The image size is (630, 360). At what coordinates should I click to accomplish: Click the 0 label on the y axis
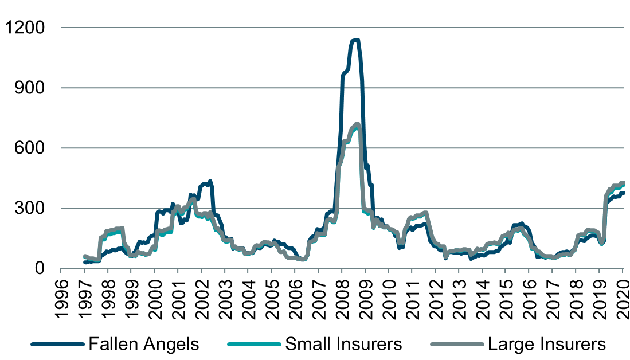click(44, 268)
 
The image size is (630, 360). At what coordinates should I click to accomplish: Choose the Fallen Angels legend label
click(144, 344)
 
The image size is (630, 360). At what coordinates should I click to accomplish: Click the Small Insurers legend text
click(343, 344)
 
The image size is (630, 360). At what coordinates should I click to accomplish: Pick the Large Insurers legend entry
click(546, 344)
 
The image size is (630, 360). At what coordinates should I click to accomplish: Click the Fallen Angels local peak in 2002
click(210, 182)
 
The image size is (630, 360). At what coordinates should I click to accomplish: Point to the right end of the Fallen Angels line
click(623, 193)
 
